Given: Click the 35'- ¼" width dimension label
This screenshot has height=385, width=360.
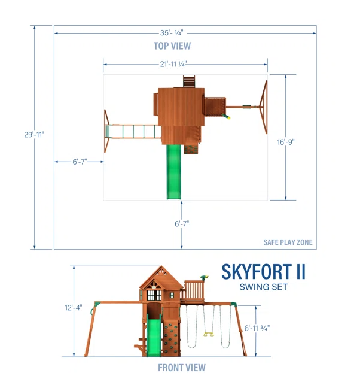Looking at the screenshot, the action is [172, 33].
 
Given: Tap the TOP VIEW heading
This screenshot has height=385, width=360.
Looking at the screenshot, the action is [172, 46].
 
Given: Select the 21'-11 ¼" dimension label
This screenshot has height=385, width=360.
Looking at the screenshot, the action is [173, 64].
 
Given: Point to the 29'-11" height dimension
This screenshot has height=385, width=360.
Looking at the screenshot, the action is [34, 135].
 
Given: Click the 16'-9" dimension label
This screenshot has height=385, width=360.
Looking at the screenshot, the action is [286, 142].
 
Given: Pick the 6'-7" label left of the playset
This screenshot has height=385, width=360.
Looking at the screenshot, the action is [80, 162].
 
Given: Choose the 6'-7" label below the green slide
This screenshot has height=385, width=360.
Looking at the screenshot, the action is [182, 224].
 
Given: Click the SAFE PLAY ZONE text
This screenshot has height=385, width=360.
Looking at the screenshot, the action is [288, 242].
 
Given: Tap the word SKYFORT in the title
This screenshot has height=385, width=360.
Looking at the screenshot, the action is [257, 272].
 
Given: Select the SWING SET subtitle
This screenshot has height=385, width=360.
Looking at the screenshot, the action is [264, 287].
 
